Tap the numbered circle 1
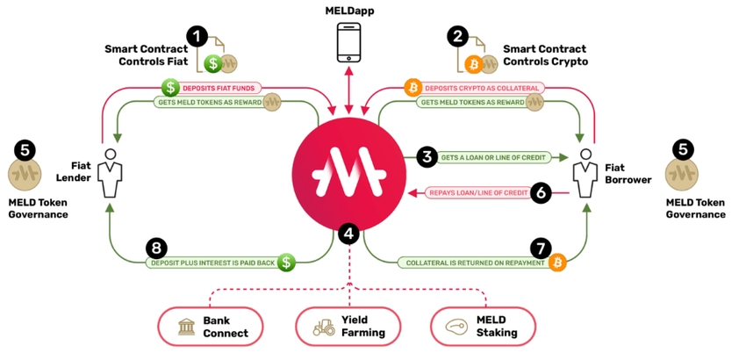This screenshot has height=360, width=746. (197, 36)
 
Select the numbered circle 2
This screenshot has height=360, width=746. (456, 36)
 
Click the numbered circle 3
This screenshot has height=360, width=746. (427, 157)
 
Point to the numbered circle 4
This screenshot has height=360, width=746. (349, 234)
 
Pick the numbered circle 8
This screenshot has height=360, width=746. (158, 248)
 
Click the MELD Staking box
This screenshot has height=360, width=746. (483, 327)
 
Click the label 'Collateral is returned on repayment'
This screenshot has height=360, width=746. (470, 262)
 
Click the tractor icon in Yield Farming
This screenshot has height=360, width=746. (324, 328)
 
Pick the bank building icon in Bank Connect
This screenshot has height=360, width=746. (187, 328)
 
